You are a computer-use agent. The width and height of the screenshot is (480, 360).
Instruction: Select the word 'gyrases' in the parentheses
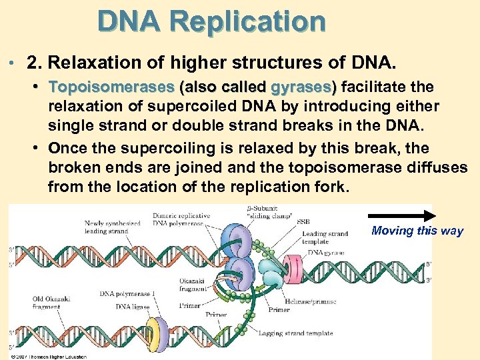297,87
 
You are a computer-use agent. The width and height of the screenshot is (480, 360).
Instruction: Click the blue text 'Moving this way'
417,231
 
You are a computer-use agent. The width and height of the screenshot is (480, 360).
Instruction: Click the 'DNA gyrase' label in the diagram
325,253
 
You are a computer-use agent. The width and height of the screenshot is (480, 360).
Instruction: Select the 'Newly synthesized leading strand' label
113,227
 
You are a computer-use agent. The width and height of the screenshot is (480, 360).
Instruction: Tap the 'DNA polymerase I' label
128,293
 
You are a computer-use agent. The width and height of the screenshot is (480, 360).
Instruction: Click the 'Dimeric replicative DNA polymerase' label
181,220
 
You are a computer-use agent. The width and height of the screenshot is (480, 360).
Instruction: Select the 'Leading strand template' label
325,238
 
